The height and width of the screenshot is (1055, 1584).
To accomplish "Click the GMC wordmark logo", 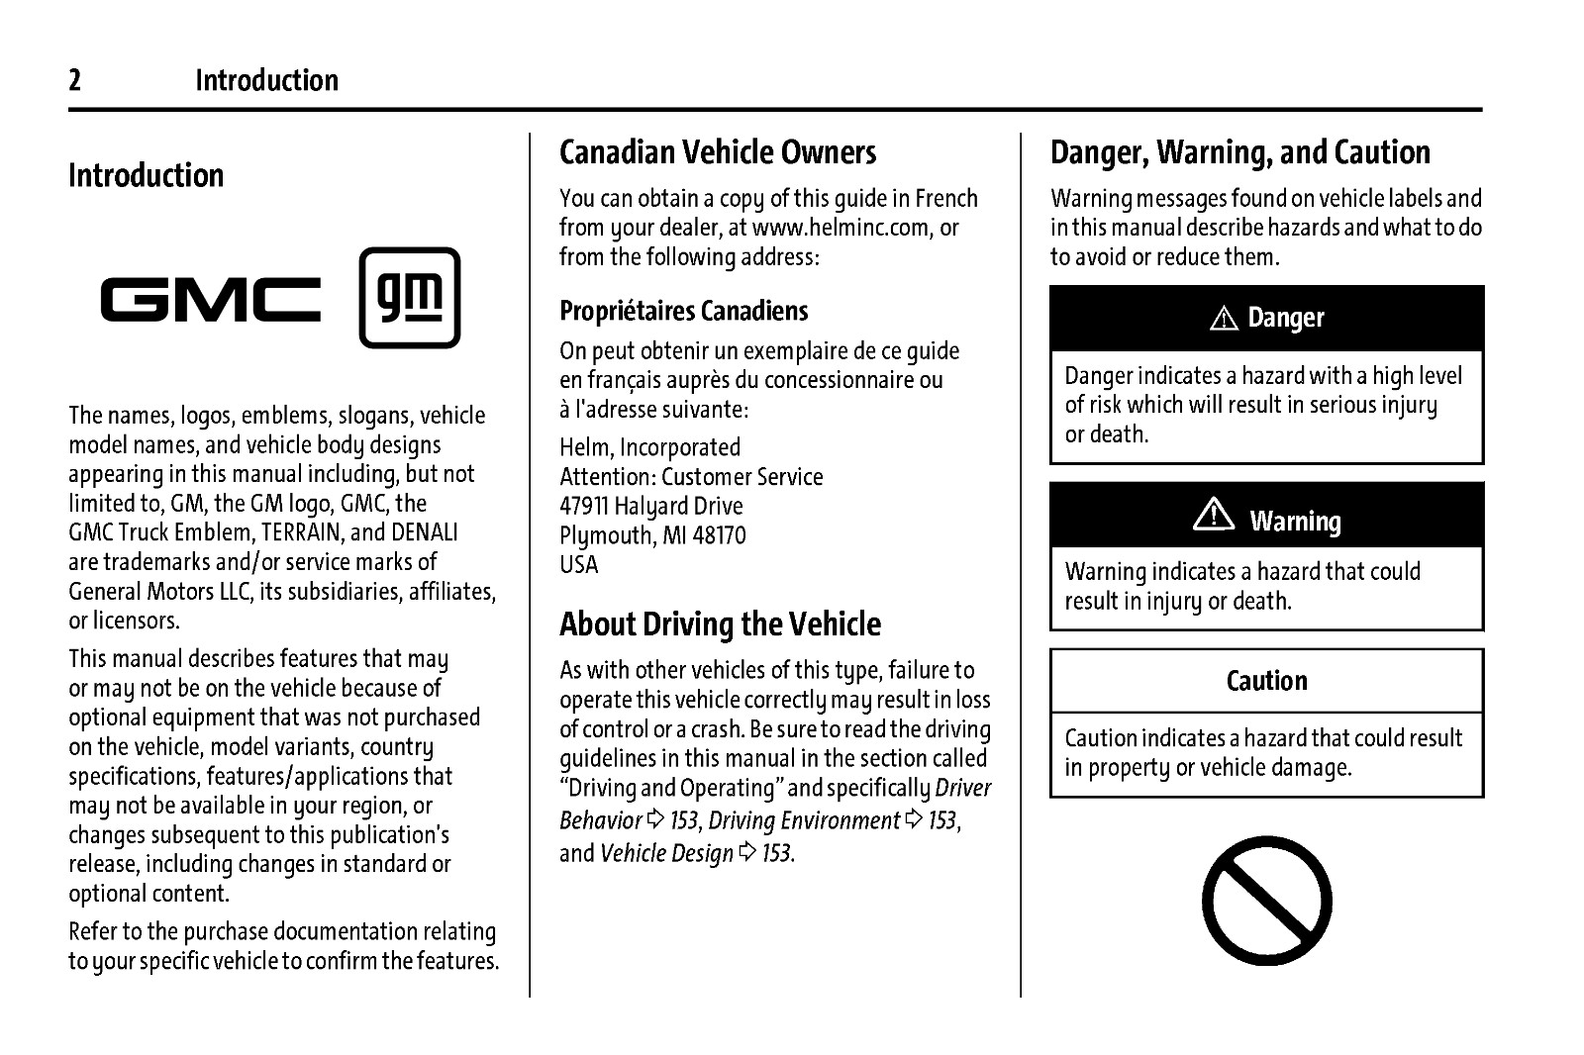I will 211,300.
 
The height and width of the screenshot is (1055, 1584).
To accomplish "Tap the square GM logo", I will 409,298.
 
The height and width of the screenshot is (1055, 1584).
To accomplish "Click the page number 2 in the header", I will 75,80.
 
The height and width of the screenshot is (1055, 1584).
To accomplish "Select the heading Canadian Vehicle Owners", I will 718,152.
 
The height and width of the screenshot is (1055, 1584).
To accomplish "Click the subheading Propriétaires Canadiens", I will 683,311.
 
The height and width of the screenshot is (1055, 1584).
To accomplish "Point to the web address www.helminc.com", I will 841,228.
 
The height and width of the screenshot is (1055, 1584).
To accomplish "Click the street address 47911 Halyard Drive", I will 650,506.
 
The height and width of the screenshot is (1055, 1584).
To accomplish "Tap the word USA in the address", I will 579,564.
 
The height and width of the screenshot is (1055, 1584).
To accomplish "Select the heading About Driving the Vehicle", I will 720,624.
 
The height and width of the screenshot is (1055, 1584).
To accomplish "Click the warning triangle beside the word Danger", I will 1225,319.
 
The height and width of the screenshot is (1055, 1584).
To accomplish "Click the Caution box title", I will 1266,681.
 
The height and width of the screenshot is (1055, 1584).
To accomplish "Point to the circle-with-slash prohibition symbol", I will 1266,901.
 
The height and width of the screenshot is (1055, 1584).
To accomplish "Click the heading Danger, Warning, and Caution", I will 1239,152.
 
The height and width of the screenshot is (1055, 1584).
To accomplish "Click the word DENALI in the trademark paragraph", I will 425,532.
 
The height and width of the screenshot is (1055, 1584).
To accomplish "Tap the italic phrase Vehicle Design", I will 666,853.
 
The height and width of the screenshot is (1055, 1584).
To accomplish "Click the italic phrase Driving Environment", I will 803,820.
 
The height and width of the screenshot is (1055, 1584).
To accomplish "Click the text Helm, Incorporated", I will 649,447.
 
